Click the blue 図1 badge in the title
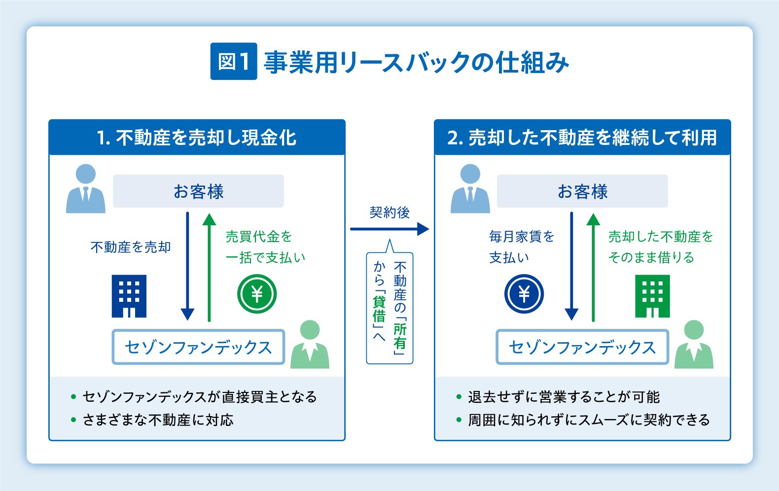pyautogui.click(x=234, y=62)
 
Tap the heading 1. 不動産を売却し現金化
pyautogui.click(x=197, y=138)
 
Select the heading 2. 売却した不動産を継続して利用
pyautogui.click(x=582, y=138)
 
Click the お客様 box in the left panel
pyautogui.click(x=198, y=191)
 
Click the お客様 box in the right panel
pyautogui.click(x=582, y=191)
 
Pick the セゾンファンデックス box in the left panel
pyautogui.click(x=198, y=347)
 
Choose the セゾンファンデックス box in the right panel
pyautogui.click(x=582, y=347)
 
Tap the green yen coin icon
pyautogui.click(x=257, y=294)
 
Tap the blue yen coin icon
pyautogui.click(x=524, y=294)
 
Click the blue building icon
pyautogui.click(x=129, y=296)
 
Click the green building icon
pyautogui.click(x=652, y=296)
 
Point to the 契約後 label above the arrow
pyautogui.click(x=389, y=212)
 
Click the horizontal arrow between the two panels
pyautogui.click(x=389, y=229)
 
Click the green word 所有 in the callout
pyautogui.click(x=400, y=336)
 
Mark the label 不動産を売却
pyautogui.click(x=131, y=247)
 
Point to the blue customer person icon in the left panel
pyautogui.click(x=86, y=189)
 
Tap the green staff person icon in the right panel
pyautogui.click(x=694, y=345)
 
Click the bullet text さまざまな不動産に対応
pyautogui.click(x=158, y=420)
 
